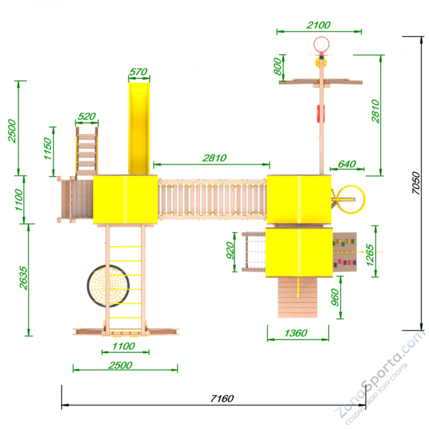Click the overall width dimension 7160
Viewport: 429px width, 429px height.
point(222,398)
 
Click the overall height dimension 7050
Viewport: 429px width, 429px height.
point(416,183)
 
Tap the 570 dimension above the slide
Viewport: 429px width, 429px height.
point(139,72)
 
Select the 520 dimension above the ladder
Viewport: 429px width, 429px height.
point(87,116)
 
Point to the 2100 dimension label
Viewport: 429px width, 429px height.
point(319,25)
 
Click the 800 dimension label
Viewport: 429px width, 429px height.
point(278,66)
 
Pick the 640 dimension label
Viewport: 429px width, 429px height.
point(347,164)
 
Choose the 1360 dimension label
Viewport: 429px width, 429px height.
point(296,333)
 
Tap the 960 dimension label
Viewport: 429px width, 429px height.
point(335,297)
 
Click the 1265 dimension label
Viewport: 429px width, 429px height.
point(370,255)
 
